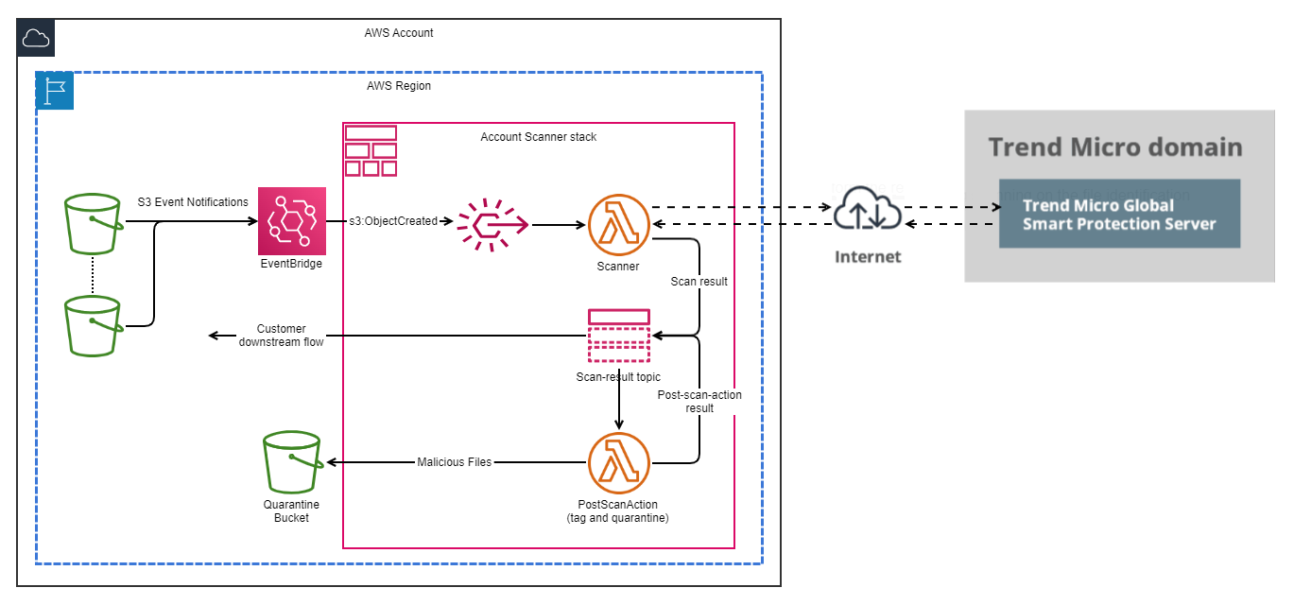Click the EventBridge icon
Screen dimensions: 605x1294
[291, 220]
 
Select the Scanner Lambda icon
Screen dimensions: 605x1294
[618, 224]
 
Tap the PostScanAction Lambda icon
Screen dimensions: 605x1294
[618, 462]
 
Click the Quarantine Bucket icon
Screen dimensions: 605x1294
[291, 462]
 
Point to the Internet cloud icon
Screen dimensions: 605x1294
[867, 213]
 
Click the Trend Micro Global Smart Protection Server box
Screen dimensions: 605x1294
[1119, 215]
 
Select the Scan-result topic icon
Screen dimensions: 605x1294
[618, 336]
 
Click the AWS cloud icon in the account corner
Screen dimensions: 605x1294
[36, 38]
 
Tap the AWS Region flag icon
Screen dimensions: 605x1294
[55, 91]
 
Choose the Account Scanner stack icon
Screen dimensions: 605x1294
[371, 150]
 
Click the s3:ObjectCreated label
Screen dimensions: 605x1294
[393, 221]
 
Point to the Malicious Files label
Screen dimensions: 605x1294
[454, 462]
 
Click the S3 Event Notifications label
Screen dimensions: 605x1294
[193, 201]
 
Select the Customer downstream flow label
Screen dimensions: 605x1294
[281, 336]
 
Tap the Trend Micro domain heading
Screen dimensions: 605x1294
[1115, 147]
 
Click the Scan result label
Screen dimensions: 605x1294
[699, 282]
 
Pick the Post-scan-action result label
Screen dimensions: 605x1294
[699, 402]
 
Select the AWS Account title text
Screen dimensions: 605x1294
[399, 33]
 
